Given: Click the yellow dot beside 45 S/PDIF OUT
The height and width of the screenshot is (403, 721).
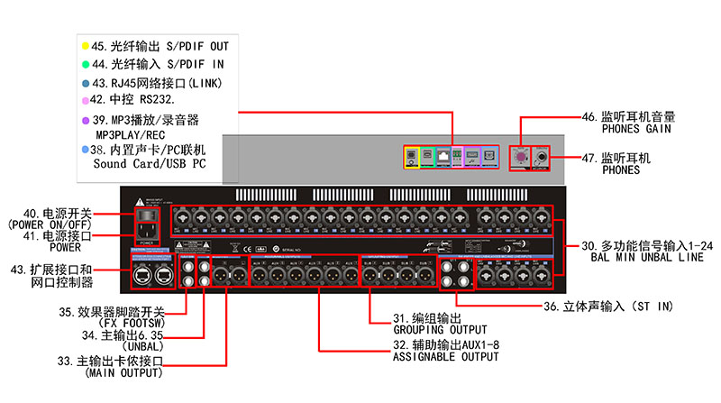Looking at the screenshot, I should pyautogui.click(x=84, y=45).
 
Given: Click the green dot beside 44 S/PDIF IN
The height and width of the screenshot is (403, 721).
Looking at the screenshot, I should pyautogui.click(x=84, y=64).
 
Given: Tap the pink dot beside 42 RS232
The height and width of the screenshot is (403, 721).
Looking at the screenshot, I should pyautogui.click(x=84, y=99).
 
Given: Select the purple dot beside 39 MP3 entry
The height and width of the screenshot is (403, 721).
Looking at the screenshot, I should pyautogui.click(x=84, y=119).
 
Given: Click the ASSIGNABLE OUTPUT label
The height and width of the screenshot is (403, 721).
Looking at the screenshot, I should pyautogui.click(x=445, y=357).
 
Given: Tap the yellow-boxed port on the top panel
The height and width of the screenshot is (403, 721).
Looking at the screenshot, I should pyautogui.click(x=414, y=156).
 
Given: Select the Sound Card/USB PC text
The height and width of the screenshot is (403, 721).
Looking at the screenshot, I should pyautogui.click(x=150, y=165).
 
